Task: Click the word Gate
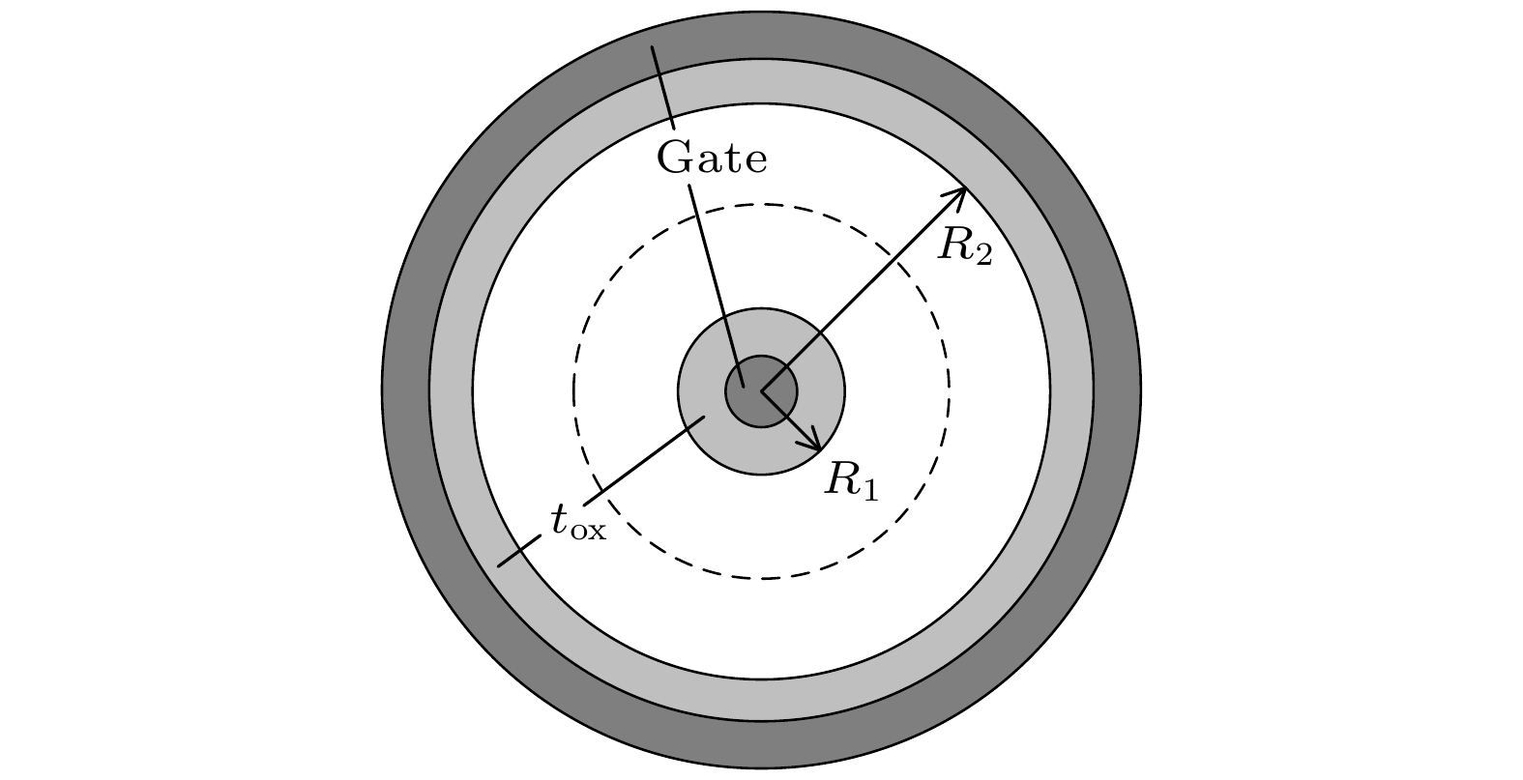tap(712, 158)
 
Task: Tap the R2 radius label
tap(965, 246)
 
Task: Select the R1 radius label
tap(851, 481)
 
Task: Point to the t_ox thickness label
tap(578, 523)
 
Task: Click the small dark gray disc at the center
tap(762, 391)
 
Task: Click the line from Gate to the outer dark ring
tap(663, 87)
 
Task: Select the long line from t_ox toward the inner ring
tap(644, 460)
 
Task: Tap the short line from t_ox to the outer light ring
tap(520, 551)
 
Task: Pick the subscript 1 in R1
tap(869, 491)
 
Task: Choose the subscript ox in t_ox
tap(588, 531)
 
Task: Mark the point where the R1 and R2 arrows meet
tap(762, 391)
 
